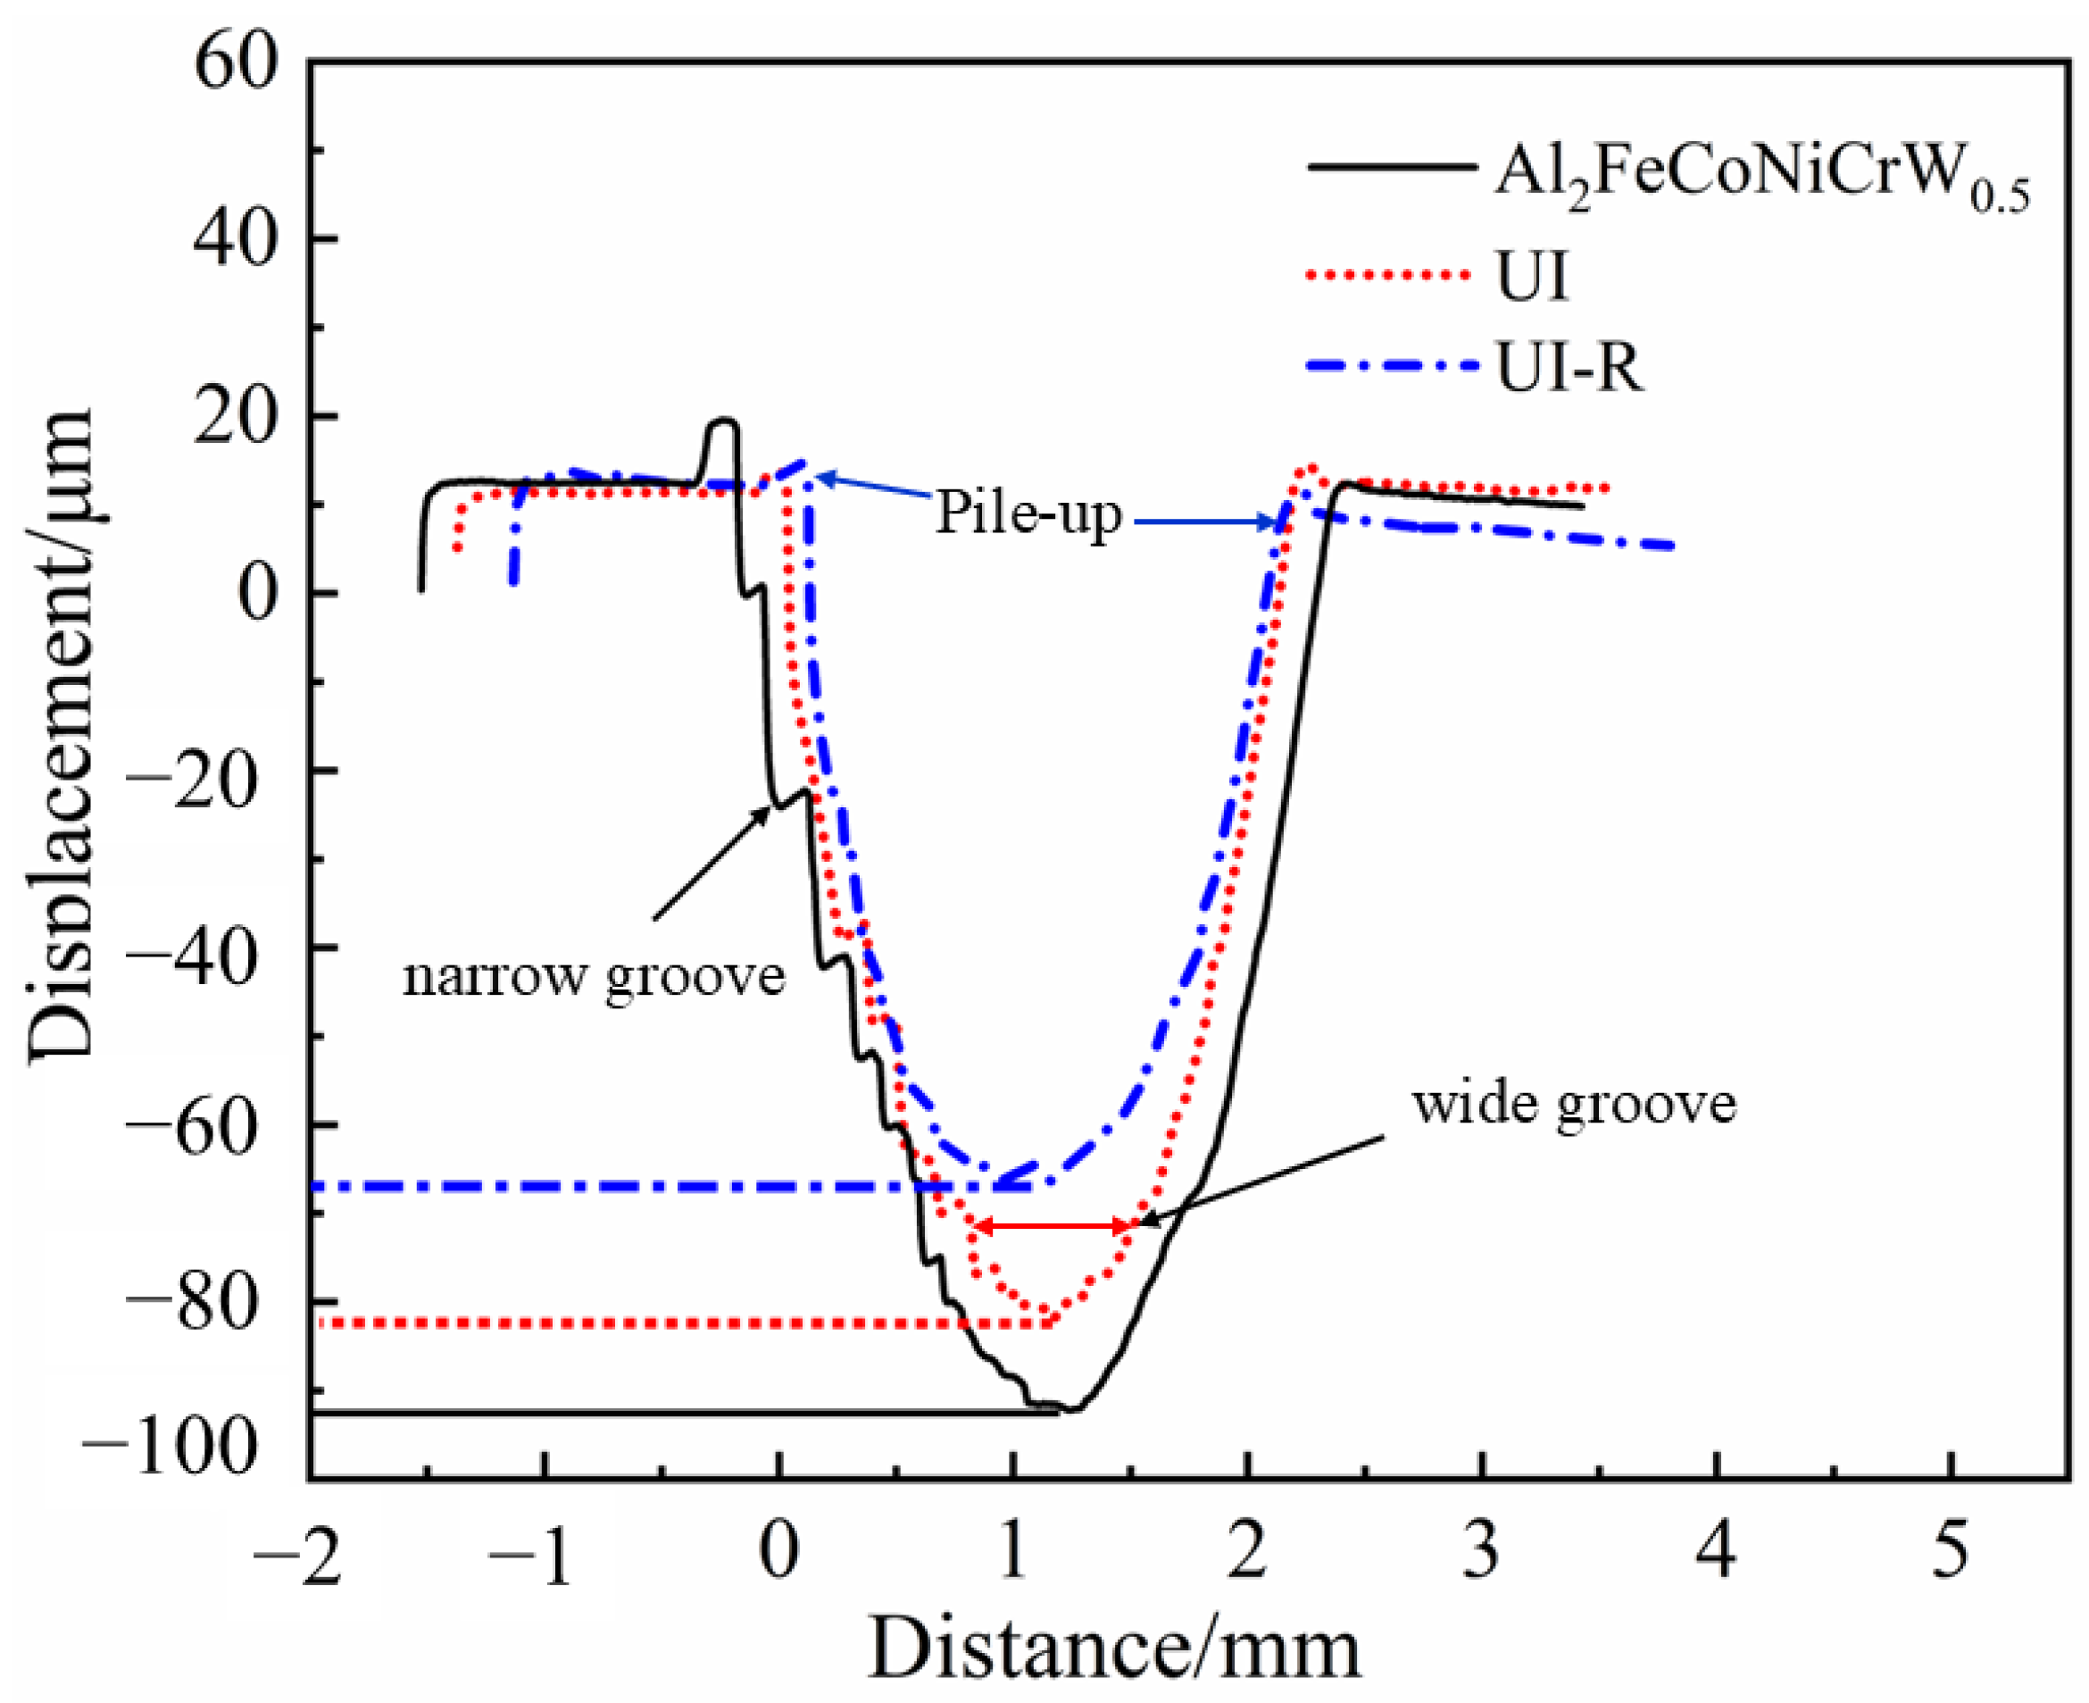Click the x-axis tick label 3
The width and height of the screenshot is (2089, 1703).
click(x=1481, y=1552)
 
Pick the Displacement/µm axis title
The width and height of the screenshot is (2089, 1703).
click(x=61, y=736)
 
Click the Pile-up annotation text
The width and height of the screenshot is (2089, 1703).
click(x=1027, y=512)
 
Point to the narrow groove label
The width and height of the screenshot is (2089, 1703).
click(x=594, y=976)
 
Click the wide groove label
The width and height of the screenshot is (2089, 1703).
click(x=1573, y=1104)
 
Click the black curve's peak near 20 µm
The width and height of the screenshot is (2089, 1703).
click(x=723, y=422)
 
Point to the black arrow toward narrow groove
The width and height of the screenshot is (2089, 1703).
click(x=711, y=864)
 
